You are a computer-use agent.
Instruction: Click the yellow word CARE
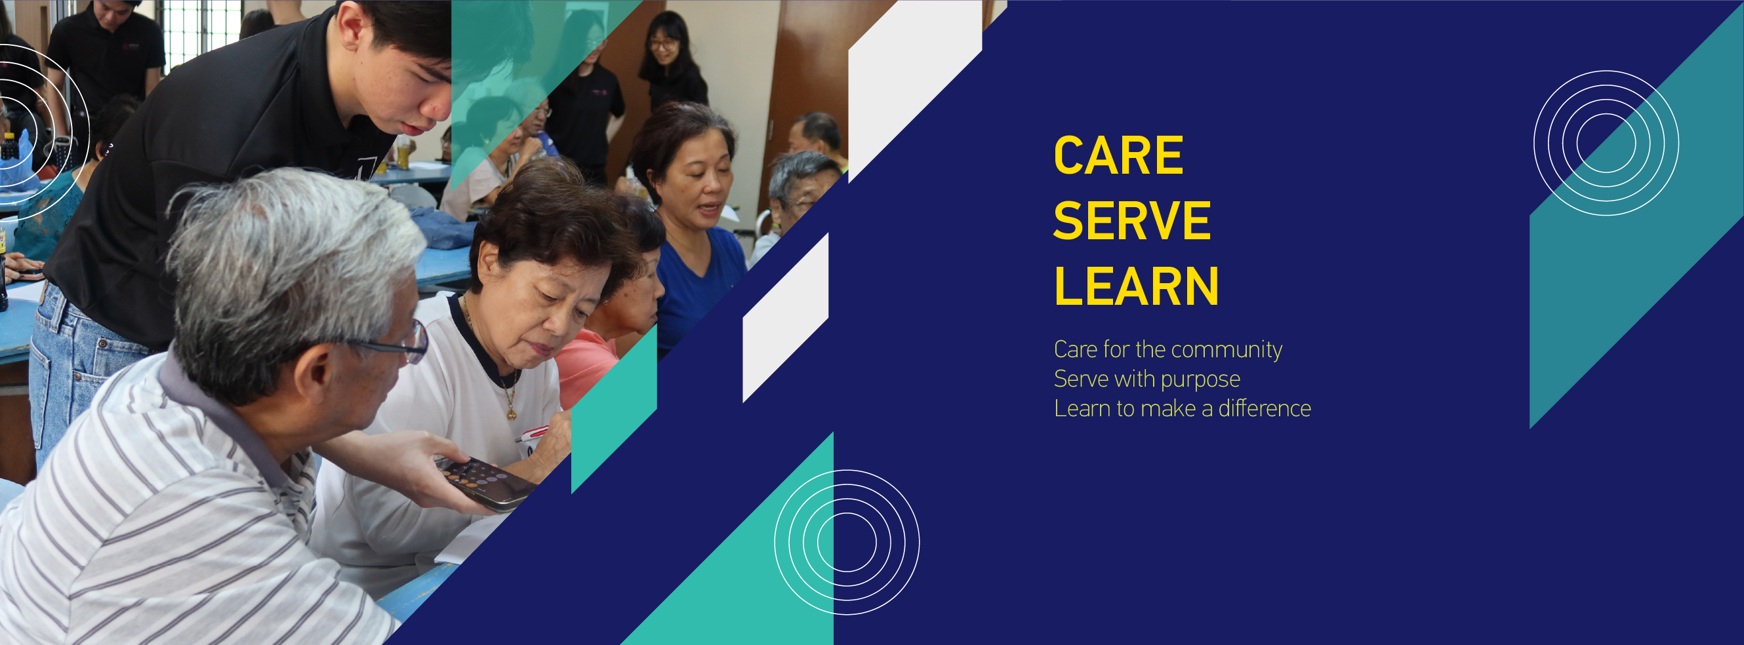[x=1118, y=155]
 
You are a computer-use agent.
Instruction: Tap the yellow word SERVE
[x=1132, y=220]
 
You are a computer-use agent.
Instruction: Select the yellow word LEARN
[x=1136, y=286]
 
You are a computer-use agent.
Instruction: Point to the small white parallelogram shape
[x=785, y=317]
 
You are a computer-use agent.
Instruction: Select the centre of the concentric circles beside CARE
[x=1606, y=143]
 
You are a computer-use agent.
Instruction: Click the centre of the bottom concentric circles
[x=846, y=542]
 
